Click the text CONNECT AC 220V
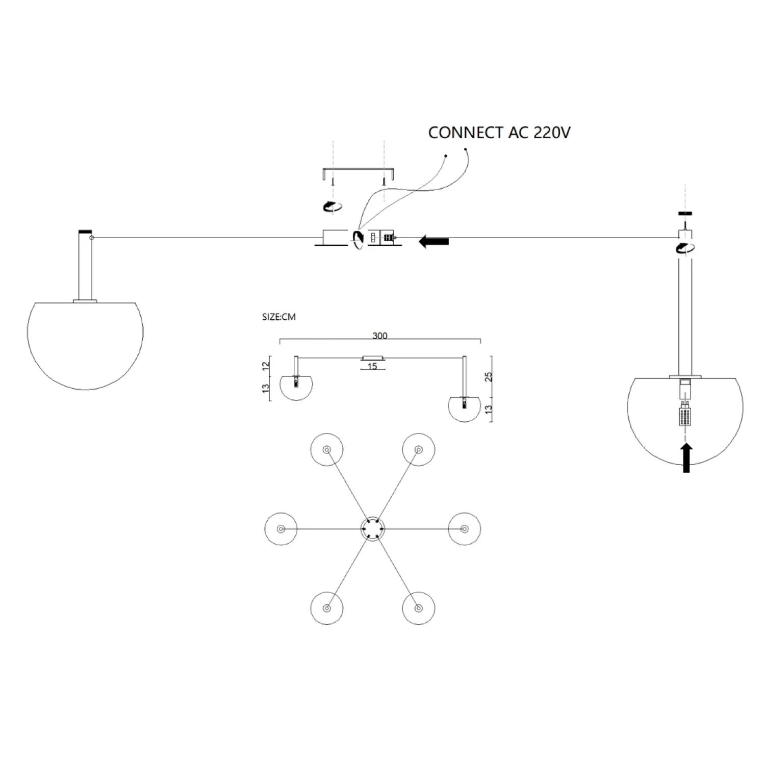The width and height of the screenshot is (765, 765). tap(499, 133)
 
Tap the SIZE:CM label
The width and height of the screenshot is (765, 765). tap(278, 317)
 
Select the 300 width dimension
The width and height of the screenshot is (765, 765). tap(380, 336)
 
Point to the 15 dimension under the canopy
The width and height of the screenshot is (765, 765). tap(372, 367)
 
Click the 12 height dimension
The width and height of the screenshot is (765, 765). tap(265, 366)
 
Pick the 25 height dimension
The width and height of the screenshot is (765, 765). tap(489, 376)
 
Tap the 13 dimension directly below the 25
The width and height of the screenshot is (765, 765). tap(489, 409)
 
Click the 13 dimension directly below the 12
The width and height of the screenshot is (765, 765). tap(265, 388)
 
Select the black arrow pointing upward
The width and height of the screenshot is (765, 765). tap(686, 457)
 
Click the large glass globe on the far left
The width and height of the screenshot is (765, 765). tap(85, 342)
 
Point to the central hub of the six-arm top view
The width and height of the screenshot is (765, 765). tap(372, 529)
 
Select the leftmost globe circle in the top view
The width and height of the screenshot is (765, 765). tap(280, 529)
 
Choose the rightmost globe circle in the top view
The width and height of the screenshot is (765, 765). tap(464, 529)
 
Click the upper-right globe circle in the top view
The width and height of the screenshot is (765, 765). tap(418, 449)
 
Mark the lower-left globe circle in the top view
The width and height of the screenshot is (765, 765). tap(326, 608)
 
